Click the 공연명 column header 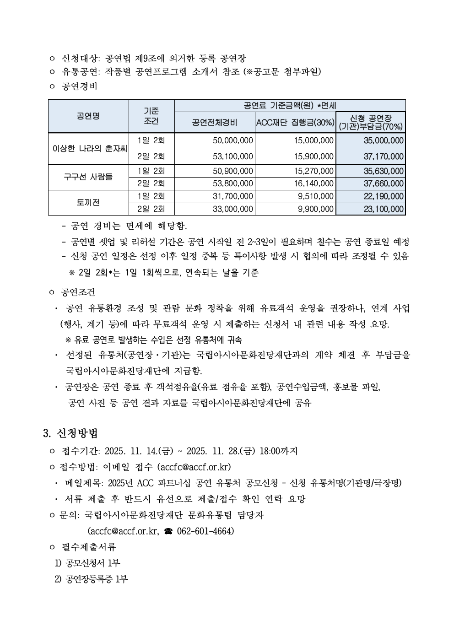pos(88,116)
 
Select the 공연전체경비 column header pos(215,123)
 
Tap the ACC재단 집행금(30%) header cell pos(295,123)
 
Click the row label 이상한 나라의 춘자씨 pos(88,148)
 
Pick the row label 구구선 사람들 pos(88,177)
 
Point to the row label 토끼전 pos(88,202)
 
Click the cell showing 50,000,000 pos(233,140)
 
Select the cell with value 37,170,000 pos(384,156)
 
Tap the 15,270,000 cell pos(313,171)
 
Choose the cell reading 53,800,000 pos(233,183)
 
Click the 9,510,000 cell pos(315,196)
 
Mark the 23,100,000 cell pos(384,209)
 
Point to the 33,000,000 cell pos(233,209)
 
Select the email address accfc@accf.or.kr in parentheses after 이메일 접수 pos(194,467)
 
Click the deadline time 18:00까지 pos(278,451)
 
